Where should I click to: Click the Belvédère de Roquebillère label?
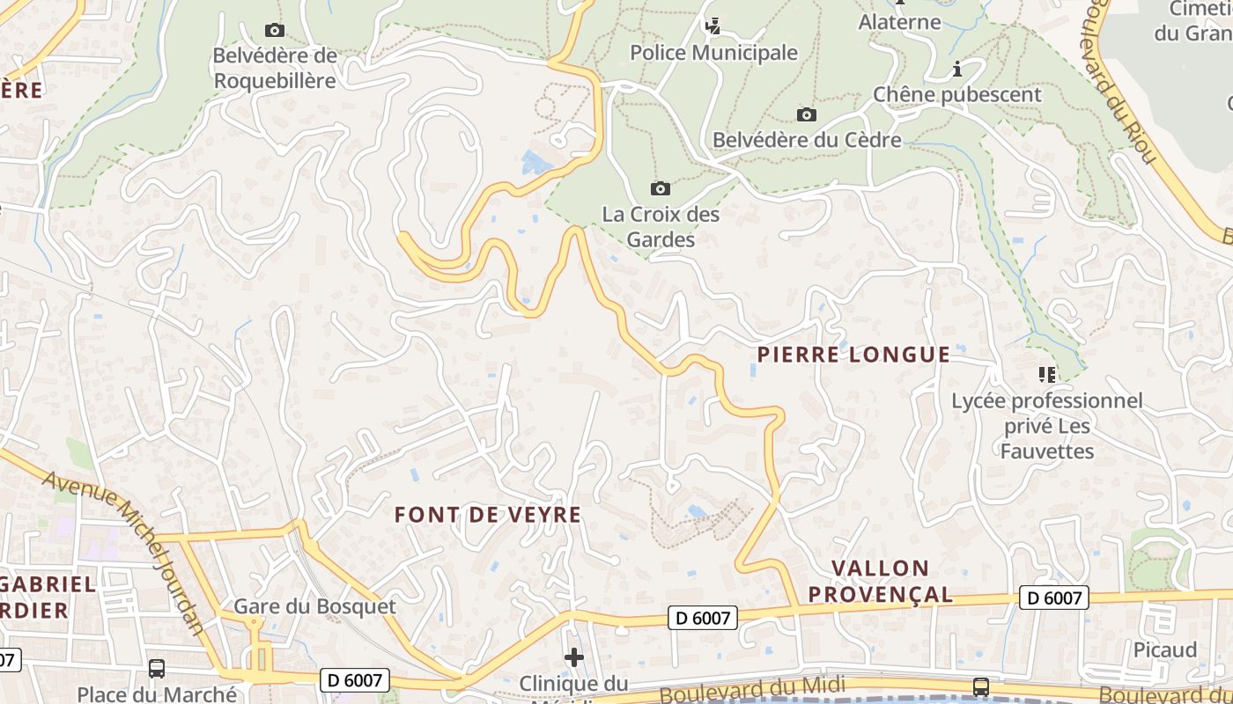coord(275,68)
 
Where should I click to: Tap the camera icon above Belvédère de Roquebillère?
coord(275,31)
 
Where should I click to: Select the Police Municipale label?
coord(713,53)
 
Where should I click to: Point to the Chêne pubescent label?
coord(956,94)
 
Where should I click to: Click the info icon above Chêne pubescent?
coord(957,69)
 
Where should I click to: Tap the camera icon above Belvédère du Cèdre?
coord(806,114)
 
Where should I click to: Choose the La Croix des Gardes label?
coord(661,226)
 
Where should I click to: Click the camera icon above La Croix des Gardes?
coord(660,188)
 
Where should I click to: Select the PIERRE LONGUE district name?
coord(853,355)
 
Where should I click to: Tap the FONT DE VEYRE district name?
coord(488,515)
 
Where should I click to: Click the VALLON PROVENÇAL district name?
coord(880,581)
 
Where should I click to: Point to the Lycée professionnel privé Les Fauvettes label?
coord(1046,426)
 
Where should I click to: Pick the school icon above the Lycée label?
coord(1046,375)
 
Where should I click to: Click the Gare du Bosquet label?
coord(314,606)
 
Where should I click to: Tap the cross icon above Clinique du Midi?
coord(574,656)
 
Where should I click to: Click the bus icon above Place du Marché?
coord(157,668)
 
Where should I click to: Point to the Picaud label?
coord(1164,649)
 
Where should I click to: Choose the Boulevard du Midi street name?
coord(752,688)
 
